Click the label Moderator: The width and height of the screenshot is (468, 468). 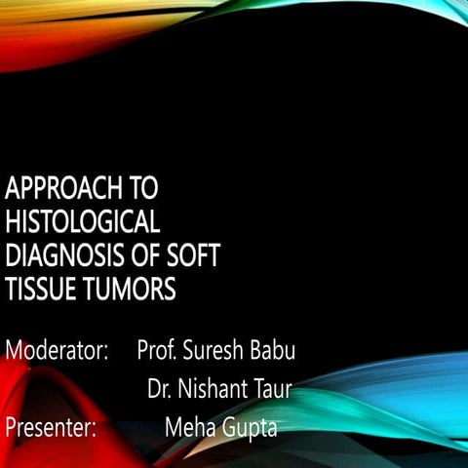pyautogui.click(x=57, y=349)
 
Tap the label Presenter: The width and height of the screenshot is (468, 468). pyautogui.click(x=51, y=426)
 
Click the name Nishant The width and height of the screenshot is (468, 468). pyautogui.click(x=216, y=388)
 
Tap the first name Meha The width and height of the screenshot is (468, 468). pyautogui.click(x=190, y=426)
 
